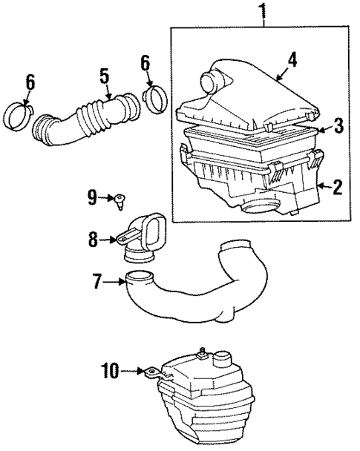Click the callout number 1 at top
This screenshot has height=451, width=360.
point(262,11)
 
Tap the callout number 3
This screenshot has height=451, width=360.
point(338,125)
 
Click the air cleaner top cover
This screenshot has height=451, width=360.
point(252,96)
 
